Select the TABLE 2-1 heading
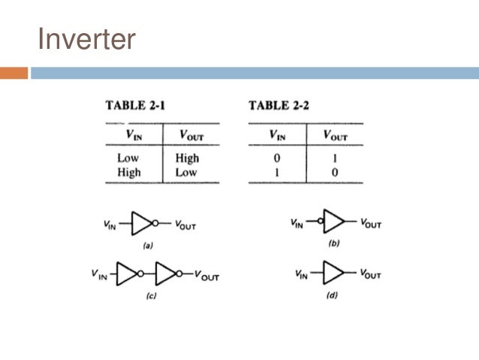pyautogui.click(x=135, y=105)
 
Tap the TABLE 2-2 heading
pyautogui.click(x=279, y=105)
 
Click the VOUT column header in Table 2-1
pyautogui.click(x=191, y=135)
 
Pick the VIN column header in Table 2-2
pyautogui.click(x=277, y=135)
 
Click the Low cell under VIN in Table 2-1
pyautogui.click(x=128, y=159)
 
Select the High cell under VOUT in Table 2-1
pyautogui.click(x=187, y=159)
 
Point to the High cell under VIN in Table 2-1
pyautogui.click(x=128, y=172)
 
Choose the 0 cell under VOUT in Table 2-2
pyautogui.click(x=335, y=172)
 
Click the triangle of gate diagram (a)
pyautogui.click(x=141, y=223)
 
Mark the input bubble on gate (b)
pyautogui.click(x=320, y=222)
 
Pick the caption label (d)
pyautogui.click(x=331, y=295)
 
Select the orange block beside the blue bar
pyautogui.click(x=14, y=73)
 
